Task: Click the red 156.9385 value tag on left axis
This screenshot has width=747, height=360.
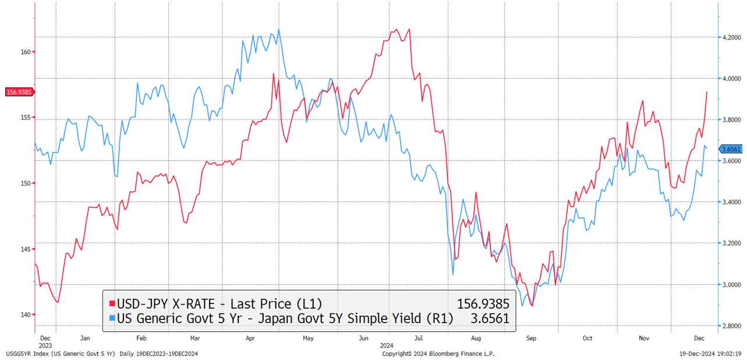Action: pyautogui.click(x=19, y=92)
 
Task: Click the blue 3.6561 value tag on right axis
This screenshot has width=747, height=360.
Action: pyautogui.click(x=730, y=149)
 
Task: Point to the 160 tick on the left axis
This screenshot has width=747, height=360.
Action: pyautogui.click(x=26, y=52)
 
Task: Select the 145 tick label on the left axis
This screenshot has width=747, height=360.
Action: pyautogui.click(x=26, y=249)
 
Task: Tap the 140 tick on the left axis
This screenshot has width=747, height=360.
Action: pyautogui.click(x=26, y=315)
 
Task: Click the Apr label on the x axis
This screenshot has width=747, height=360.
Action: pyautogui.click(x=250, y=338)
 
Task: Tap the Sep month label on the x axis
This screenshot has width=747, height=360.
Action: pyautogui.click(x=531, y=338)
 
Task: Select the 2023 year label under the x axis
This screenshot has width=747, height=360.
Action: pyautogui.click(x=45, y=345)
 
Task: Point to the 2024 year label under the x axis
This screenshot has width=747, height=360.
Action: pyautogui.click(x=387, y=345)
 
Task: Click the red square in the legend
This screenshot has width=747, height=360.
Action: pyautogui.click(x=112, y=304)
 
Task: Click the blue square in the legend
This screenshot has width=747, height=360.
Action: pyautogui.click(x=112, y=318)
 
